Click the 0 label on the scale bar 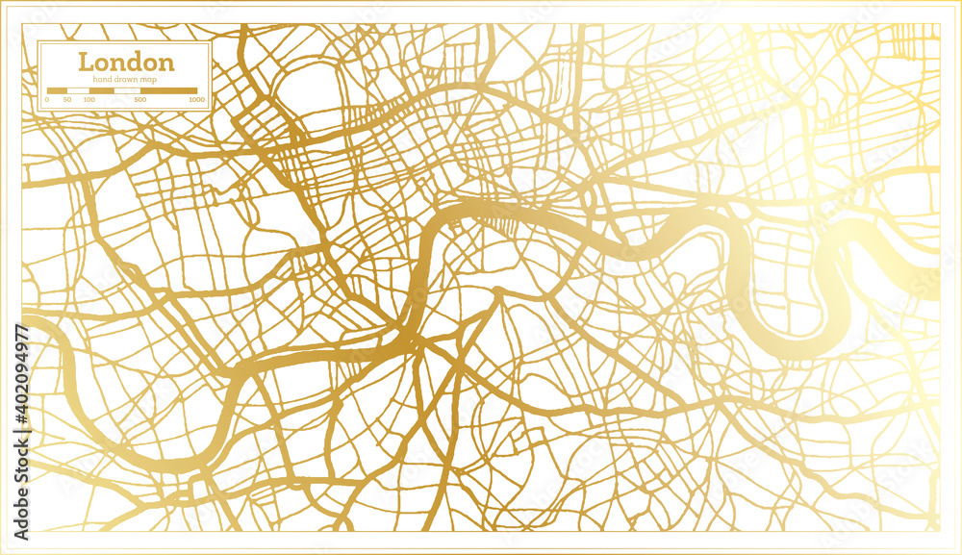tap(48, 100)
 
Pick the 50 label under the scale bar tap(67, 100)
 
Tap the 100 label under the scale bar tap(89, 100)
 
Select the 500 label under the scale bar tap(140, 100)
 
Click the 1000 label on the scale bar tap(196, 100)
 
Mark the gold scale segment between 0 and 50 tap(57, 90)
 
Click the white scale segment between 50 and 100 tap(78, 90)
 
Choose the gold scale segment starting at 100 tap(102, 90)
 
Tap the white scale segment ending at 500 tap(128, 90)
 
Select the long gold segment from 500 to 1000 tap(168, 90)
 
